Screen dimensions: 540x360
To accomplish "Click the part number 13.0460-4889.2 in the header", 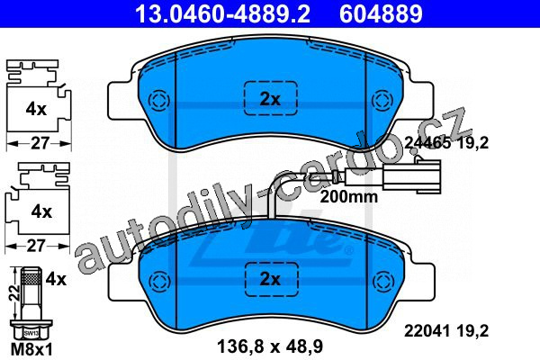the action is [x=223, y=13].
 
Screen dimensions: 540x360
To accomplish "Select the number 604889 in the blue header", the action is [x=381, y=13].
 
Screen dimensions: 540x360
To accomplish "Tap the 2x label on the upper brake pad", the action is [x=270, y=100].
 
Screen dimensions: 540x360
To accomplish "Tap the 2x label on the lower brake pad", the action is [x=270, y=279].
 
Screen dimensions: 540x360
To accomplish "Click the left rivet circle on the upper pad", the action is [x=158, y=101].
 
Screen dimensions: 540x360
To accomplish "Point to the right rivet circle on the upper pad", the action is [x=382, y=101].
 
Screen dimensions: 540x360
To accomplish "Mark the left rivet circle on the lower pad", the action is [x=158, y=280].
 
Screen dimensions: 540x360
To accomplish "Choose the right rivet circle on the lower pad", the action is [x=382, y=280].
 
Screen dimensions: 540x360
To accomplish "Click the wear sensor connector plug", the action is [x=412, y=175].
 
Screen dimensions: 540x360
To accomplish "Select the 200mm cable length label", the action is [x=349, y=197].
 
